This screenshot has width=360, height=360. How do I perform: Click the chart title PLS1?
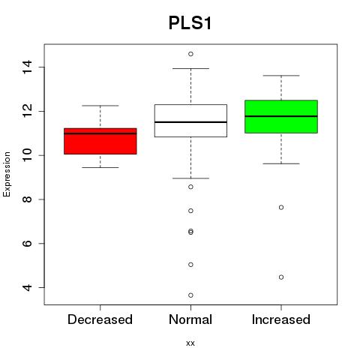tap(190, 23)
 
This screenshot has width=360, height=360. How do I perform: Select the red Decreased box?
tap(100, 141)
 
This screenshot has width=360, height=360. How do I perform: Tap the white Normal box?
tap(190, 121)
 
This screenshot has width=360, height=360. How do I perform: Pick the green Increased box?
tap(281, 116)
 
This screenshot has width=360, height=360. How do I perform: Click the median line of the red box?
tap(100, 133)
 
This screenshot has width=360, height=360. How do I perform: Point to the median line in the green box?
tap(281, 116)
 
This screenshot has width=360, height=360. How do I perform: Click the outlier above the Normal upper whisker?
tap(190, 54)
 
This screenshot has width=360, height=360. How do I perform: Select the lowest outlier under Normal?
tap(190, 295)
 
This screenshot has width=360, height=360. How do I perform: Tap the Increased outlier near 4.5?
tap(281, 277)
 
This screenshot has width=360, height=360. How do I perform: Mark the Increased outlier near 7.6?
tap(281, 207)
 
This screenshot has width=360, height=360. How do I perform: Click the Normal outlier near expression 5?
tap(190, 265)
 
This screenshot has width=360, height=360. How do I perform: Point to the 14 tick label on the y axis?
tap(27, 67)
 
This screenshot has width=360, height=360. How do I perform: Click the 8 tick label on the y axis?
tap(27, 199)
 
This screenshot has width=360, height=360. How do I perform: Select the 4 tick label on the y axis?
tap(27, 287)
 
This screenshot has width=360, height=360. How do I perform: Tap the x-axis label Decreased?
tap(100, 319)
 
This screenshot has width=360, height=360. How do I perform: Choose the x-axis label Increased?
tap(281, 319)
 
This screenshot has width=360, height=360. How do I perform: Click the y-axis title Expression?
tap(7, 174)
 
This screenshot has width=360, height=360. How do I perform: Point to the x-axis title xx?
tap(190, 343)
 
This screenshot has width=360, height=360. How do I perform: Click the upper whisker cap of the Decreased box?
tap(100, 106)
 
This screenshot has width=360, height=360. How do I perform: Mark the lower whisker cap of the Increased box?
tap(281, 163)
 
